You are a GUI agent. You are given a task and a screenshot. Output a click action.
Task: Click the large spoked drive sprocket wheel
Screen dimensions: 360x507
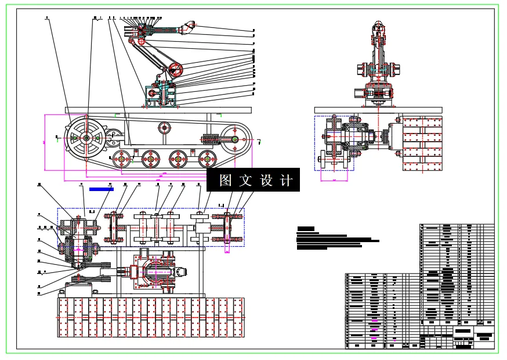85,138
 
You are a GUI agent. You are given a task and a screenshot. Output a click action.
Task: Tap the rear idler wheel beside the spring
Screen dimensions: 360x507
235,139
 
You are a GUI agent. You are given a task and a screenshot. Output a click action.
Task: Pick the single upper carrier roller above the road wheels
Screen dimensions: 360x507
165,127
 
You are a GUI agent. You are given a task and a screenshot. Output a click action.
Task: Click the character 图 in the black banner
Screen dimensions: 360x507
226,181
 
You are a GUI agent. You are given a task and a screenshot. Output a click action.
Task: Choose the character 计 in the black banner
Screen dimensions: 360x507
286,181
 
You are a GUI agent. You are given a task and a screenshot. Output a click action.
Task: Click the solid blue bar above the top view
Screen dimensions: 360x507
101,189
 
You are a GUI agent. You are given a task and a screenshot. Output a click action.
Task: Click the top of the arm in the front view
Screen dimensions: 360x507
379,26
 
